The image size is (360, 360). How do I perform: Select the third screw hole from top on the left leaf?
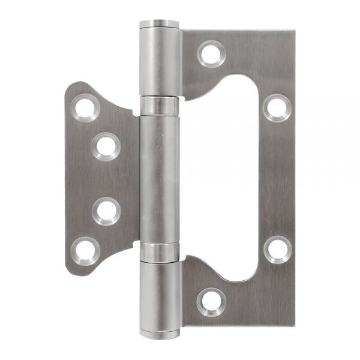click(106, 211)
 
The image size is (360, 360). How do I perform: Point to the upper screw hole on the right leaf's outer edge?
click(277, 108)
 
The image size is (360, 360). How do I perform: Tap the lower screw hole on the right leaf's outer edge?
click(277, 248)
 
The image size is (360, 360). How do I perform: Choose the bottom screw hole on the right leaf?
click(211, 303)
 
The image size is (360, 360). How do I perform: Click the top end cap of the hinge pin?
click(160, 25)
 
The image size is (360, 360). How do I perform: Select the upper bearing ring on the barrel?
click(160, 107)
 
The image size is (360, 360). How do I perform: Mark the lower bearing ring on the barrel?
click(160, 253)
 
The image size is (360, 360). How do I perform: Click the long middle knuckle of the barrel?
click(160, 180)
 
